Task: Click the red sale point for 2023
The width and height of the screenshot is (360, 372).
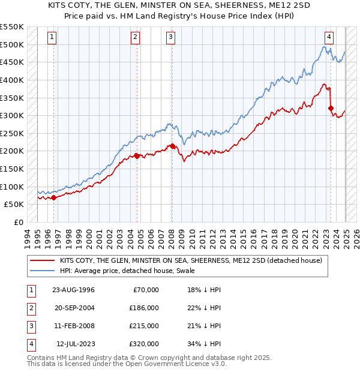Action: tap(331, 109)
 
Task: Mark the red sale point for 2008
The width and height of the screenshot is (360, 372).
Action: tap(172, 146)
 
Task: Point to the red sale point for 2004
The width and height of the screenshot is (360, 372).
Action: tap(137, 156)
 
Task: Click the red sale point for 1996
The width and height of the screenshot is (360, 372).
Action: tap(54, 197)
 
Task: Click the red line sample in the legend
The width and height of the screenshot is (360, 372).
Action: tap(42, 260)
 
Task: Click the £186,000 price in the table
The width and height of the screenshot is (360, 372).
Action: tap(144, 308)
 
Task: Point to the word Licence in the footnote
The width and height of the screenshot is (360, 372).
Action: tap(181, 364)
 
